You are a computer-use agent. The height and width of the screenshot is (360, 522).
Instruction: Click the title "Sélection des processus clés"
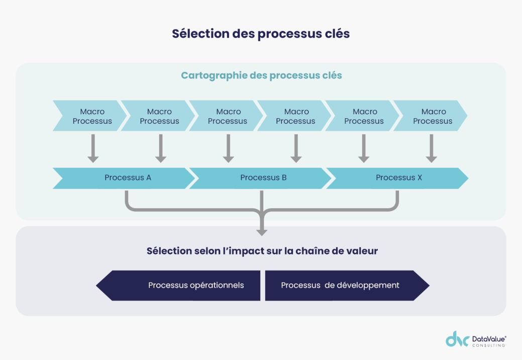click(x=261, y=34)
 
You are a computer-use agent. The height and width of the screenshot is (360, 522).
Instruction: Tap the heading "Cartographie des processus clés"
click(x=261, y=75)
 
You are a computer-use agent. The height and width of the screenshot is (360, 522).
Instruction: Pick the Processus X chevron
click(x=398, y=178)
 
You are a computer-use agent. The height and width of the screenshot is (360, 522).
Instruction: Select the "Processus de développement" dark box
click(x=342, y=286)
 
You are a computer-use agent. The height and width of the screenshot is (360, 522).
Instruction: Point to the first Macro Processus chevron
click(x=90, y=116)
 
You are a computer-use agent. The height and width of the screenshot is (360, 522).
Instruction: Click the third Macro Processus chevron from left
click(x=227, y=116)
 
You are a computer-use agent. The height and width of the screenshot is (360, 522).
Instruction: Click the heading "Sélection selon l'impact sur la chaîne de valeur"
click(x=262, y=251)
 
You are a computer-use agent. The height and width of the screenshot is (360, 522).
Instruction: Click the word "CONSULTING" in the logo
click(x=489, y=346)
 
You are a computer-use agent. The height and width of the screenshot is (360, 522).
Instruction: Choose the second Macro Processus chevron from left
click(x=159, y=116)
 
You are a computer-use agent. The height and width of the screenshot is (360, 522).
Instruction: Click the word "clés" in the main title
click(x=337, y=34)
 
